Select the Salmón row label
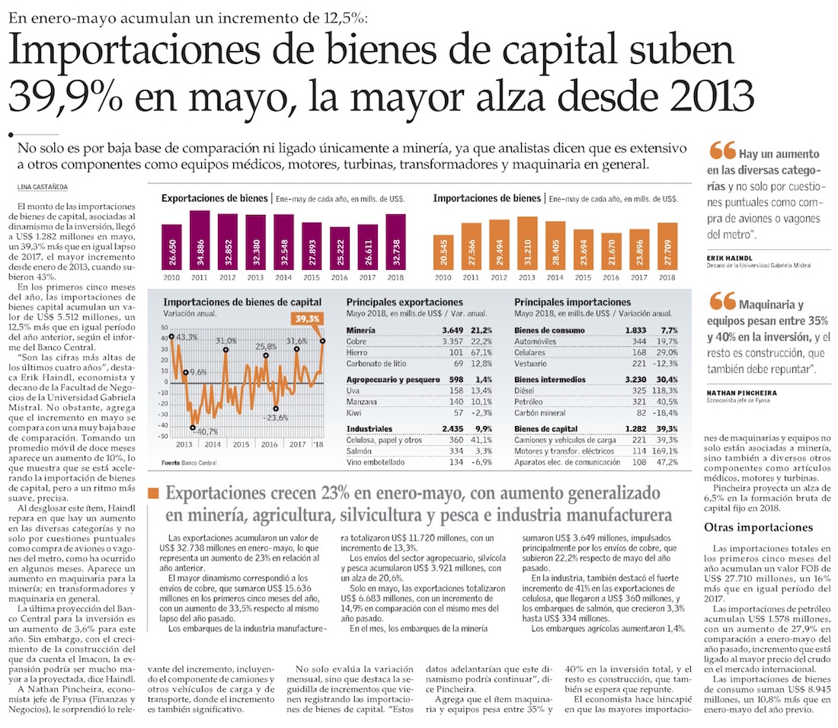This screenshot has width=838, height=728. coord(360,450)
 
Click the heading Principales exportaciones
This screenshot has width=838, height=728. coord(404,303)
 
